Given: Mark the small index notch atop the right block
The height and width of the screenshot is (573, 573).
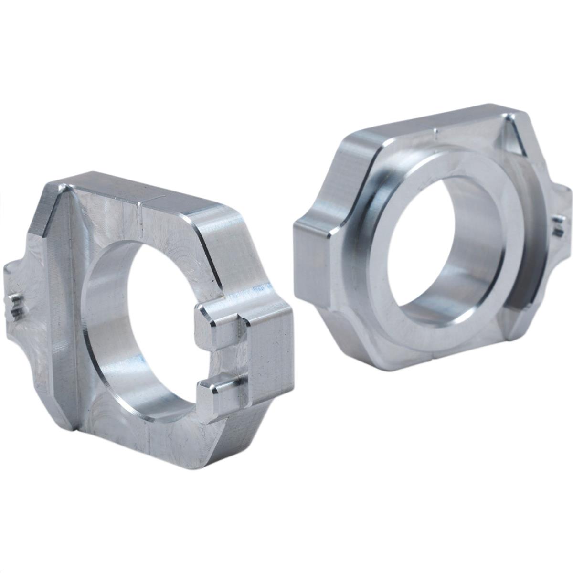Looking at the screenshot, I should (x=435, y=130).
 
